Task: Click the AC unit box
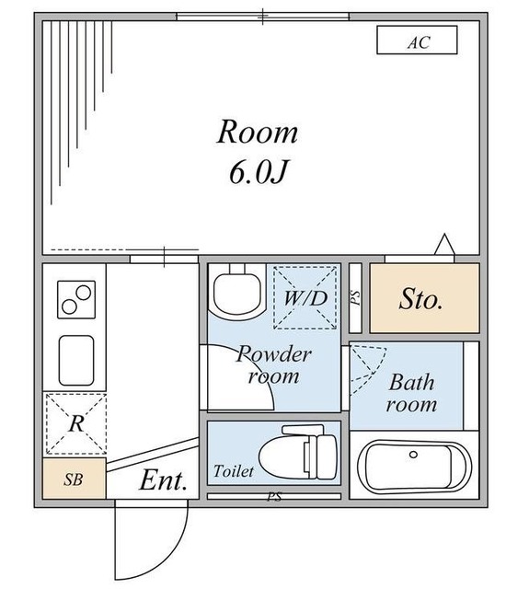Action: click(417, 40)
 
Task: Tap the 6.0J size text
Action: click(259, 172)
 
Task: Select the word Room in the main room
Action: click(258, 132)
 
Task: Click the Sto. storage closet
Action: click(425, 298)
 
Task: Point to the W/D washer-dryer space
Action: click(305, 297)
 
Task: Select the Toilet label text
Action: click(234, 471)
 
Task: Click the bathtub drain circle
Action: click(413, 455)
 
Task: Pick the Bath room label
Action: click(411, 393)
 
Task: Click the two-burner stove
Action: click(76, 299)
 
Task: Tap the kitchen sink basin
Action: click(76, 360)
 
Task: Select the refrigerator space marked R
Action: click(76, 423)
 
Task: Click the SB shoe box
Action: click(74, 479)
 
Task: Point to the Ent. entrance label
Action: click(164, 480)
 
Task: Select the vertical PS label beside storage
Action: click(355, 298)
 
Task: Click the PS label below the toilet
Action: click(274, 497)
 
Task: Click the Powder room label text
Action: click(273, 364)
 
